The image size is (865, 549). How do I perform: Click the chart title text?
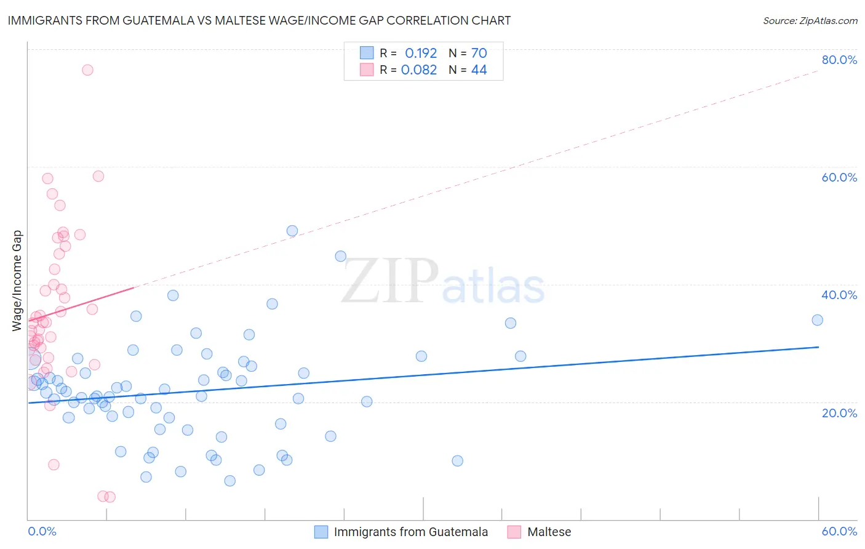click(x=259, y=20)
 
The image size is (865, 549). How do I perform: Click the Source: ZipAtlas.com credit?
click(x=810, y=21)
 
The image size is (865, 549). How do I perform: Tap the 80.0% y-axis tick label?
click(x=839, y=60)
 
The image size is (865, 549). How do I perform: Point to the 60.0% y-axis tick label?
click(x=839, y=177)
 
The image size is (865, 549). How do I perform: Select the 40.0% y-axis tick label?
click(x=839, y=295)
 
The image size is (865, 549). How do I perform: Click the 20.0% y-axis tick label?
click(x=839, y=412)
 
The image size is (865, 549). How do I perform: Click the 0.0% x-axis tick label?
click(x=42, y=531)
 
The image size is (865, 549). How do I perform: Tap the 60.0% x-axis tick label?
click(x=839, y=531)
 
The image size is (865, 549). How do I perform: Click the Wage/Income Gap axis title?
click(x=17, y=281)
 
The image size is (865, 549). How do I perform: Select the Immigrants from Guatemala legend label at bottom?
click(x=410, y=532)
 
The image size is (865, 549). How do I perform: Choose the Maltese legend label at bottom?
click(x=549, y=532)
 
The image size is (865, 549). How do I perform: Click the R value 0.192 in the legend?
click(x=421, y=54)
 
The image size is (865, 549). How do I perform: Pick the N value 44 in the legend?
click(x=479, y=70)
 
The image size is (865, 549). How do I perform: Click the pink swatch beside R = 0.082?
click(x=367, y=70)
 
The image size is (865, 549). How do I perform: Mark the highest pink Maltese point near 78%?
click(x=87, y=70)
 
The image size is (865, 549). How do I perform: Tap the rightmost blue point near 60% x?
click(x=817, y=320)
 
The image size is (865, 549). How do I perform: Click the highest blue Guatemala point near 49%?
click(x=292, y=231)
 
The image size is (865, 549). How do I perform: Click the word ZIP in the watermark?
click(x=389, y=281)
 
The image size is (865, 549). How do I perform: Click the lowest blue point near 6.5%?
click(x=229, y=481)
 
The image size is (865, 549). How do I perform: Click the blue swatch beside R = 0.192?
click(x=367, y=54)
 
